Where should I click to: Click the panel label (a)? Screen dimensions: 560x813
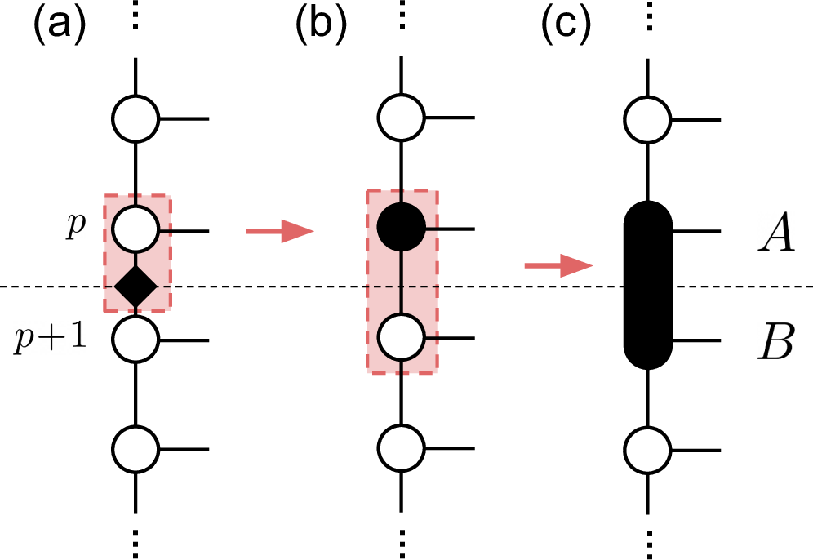click(58, 26)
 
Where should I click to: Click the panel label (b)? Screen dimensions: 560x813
click(321, 26)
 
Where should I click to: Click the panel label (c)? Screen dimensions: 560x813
click(566, 26)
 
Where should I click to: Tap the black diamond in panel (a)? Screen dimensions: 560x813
click(135, 287)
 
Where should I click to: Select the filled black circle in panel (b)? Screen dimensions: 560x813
click(401, 230)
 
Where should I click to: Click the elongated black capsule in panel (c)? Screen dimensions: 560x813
click(647, 286)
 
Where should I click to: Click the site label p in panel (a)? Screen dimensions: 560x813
click(75, 228)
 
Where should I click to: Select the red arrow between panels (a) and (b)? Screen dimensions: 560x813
click(279, 233)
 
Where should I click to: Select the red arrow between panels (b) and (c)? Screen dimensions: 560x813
click(558, 265)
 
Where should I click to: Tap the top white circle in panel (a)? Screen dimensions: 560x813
click(135, 119)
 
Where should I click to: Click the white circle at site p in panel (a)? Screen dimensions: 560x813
click(135, 230)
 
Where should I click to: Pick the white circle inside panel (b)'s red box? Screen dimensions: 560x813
click(401, 337)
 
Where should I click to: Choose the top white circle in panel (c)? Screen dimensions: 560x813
click(647, 119)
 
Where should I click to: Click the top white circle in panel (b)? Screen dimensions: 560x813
click(401, 119)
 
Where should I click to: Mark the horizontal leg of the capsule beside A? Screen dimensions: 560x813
click(696, 231)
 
